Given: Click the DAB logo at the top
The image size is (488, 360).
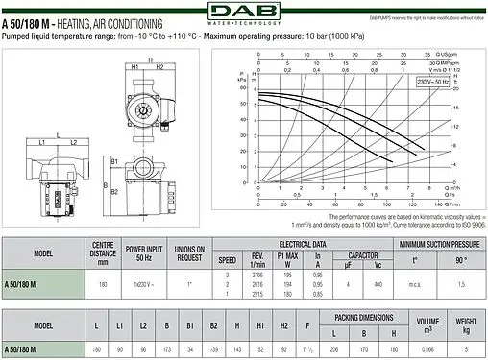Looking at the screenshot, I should [244, 12].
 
